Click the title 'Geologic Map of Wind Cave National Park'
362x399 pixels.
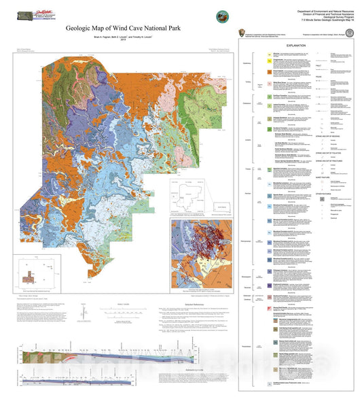(x=124, y=29)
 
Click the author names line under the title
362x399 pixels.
(x=124, y=37)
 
